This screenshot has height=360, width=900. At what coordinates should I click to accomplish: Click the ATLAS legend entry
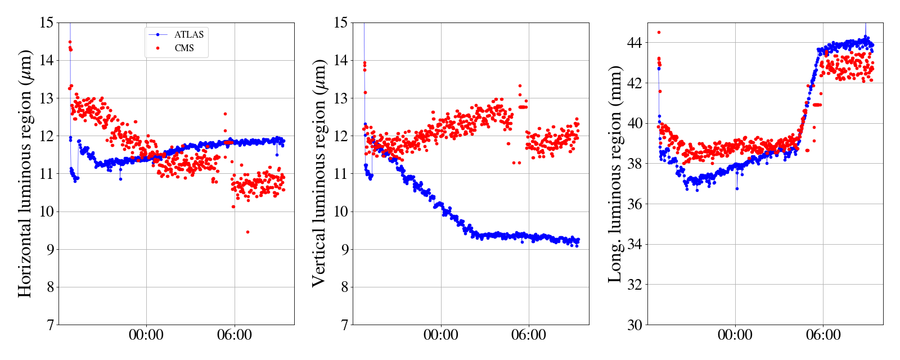[188, 35]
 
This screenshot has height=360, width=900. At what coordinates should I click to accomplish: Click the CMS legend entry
[184, 48]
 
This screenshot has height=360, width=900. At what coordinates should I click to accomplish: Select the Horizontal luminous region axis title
[25, 173]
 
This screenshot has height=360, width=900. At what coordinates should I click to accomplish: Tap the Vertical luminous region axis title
[319, 173]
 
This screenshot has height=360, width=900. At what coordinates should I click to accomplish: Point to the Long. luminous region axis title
[615, 173]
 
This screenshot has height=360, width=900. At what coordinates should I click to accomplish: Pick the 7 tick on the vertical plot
[343, 325]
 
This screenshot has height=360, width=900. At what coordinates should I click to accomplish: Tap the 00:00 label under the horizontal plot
[146, 335]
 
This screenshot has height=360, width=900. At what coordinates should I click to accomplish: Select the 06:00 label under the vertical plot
[529, 335]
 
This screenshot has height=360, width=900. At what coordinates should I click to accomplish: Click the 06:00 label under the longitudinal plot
[823, 335]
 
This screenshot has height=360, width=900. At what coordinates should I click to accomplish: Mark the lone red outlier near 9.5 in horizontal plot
[247, 232]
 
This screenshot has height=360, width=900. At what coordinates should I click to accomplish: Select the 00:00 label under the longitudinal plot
[735, 335]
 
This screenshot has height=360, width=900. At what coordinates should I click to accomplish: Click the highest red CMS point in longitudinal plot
[659, 32]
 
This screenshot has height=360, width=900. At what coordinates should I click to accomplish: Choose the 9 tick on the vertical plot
[343, 249]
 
